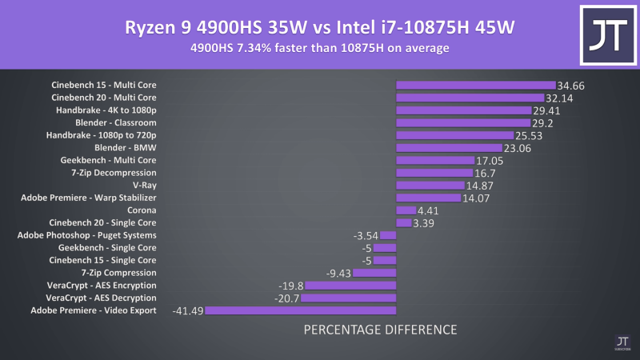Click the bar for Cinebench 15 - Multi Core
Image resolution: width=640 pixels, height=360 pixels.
click(x=476, y=85)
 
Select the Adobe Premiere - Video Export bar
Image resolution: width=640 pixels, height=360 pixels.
click(x=301, y=310)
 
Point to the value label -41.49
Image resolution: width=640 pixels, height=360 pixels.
click(x=187, y=310)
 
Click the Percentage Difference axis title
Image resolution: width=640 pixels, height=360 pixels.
click(x=381, y=330)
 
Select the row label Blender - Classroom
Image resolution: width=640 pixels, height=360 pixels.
click(x=116, y=122)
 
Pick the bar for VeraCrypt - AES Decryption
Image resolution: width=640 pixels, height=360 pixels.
click(x=349, y=298)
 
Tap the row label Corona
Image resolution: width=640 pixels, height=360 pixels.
click(x=142, y=210)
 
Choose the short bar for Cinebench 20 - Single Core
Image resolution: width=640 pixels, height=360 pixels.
click(x=404, y=222)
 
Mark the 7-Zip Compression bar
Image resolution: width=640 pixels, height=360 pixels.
click(x=374, y=273)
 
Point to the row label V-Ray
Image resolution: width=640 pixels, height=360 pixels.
click(x=145, y=185)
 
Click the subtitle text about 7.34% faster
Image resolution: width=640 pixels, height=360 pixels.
click(x=320, y=49)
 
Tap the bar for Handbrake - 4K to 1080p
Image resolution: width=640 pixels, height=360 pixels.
click(x=464, y=110)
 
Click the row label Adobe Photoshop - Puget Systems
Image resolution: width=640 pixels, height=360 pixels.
click(x=87, y=235)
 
